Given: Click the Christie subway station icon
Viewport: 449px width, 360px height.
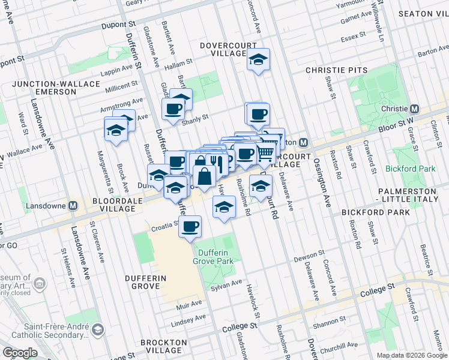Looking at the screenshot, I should (x=414, y=109).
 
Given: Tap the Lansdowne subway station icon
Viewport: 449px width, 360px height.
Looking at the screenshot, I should (x=74, y=205).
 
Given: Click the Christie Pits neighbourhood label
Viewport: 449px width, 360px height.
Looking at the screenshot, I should (x=336, y=70).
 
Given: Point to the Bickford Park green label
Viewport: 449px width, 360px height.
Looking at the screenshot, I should (x=411, y=169).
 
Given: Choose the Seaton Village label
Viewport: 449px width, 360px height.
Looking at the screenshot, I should (x=423, y=14).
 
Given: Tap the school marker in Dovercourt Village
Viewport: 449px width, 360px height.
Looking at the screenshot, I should (x=258, y=59).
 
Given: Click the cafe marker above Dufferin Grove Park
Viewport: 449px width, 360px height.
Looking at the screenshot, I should (x=190, y=227).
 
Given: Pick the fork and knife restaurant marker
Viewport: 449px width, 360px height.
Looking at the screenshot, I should (x=217, y=163).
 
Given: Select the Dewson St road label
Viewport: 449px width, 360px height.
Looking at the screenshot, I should (x=309, y=258).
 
